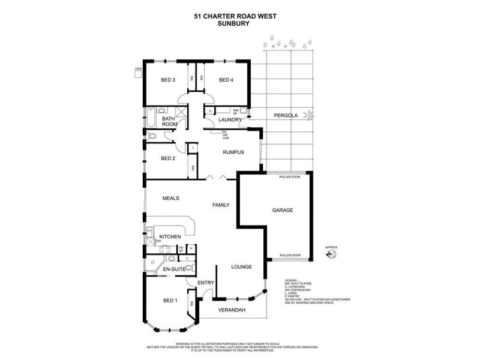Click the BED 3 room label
[167, 80]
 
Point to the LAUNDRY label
[230, 120]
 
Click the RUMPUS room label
[233, 152]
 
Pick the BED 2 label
[167, 159]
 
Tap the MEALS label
[171, 198]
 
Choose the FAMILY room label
[221, 205]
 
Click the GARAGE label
[282, 211]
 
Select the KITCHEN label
[170, 238]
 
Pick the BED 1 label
[170, 300]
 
